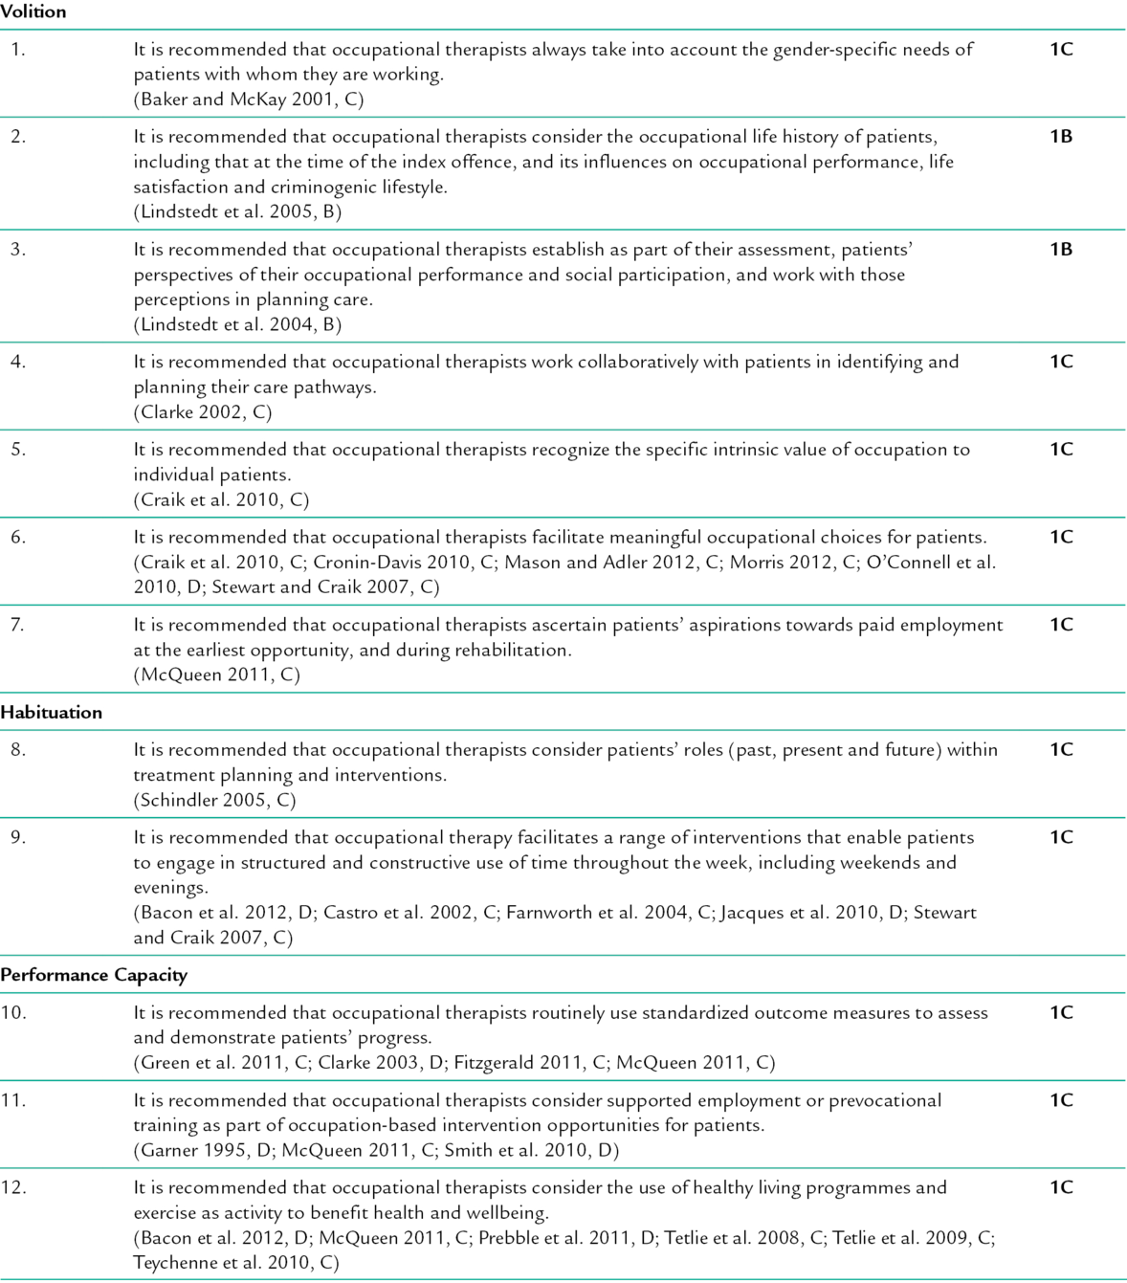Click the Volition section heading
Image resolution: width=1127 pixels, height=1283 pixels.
33,12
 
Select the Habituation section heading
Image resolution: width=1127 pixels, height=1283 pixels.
52,713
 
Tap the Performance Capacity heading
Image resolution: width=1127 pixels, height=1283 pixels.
94,976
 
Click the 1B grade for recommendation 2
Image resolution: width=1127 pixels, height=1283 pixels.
1061,137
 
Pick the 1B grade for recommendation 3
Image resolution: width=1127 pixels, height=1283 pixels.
1061,250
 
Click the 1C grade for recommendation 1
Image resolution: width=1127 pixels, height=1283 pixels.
1061,50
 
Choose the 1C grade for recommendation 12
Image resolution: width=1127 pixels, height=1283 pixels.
1061,1188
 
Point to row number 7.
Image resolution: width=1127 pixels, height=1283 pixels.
17,625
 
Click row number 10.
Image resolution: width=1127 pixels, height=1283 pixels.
12,1013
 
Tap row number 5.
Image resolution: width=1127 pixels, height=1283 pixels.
17,450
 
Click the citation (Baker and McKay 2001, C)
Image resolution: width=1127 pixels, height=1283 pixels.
249,100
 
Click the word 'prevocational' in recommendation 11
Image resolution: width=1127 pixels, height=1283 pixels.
885,1100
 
